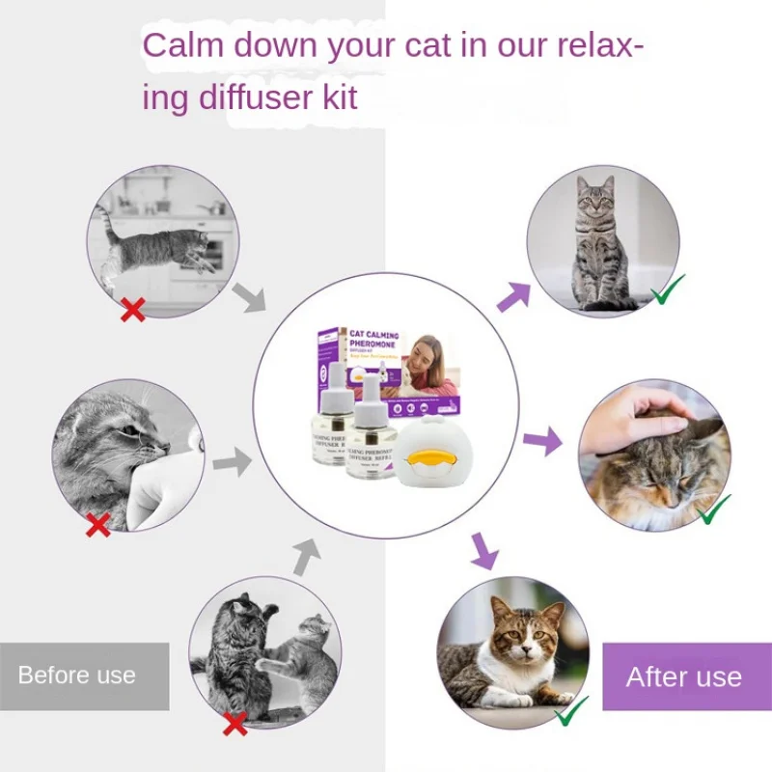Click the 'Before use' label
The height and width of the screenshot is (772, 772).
(77, 675)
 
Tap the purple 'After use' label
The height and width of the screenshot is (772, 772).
(683, 676)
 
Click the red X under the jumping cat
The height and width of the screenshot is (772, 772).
(132, 309)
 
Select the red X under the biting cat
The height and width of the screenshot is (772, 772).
(97, 525)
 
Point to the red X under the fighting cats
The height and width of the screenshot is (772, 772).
(234, 723)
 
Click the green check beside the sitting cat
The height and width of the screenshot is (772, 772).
(668, 289)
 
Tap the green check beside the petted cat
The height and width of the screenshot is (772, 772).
(714, 509)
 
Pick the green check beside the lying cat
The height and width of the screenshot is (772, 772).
(572, 711)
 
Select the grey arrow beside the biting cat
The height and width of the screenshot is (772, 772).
(231, 462)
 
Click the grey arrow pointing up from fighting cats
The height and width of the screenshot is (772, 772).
(306, 556)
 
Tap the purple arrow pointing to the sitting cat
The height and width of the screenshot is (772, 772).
(513, 295)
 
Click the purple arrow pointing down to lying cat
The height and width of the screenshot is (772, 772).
(483, 552)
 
